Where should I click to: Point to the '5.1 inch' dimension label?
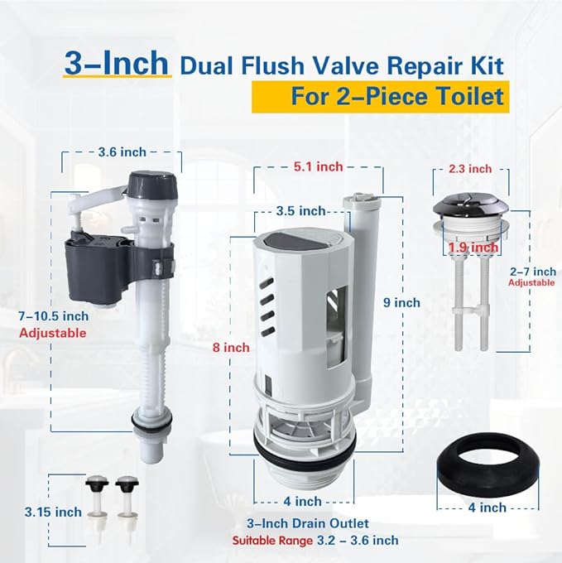(x=317, y=166)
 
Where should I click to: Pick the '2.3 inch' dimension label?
(x=470, y=168)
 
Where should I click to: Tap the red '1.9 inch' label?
(x=473, y=247)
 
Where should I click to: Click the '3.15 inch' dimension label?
(x=41, y=512)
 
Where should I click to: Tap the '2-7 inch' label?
(x=532, y=272)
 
